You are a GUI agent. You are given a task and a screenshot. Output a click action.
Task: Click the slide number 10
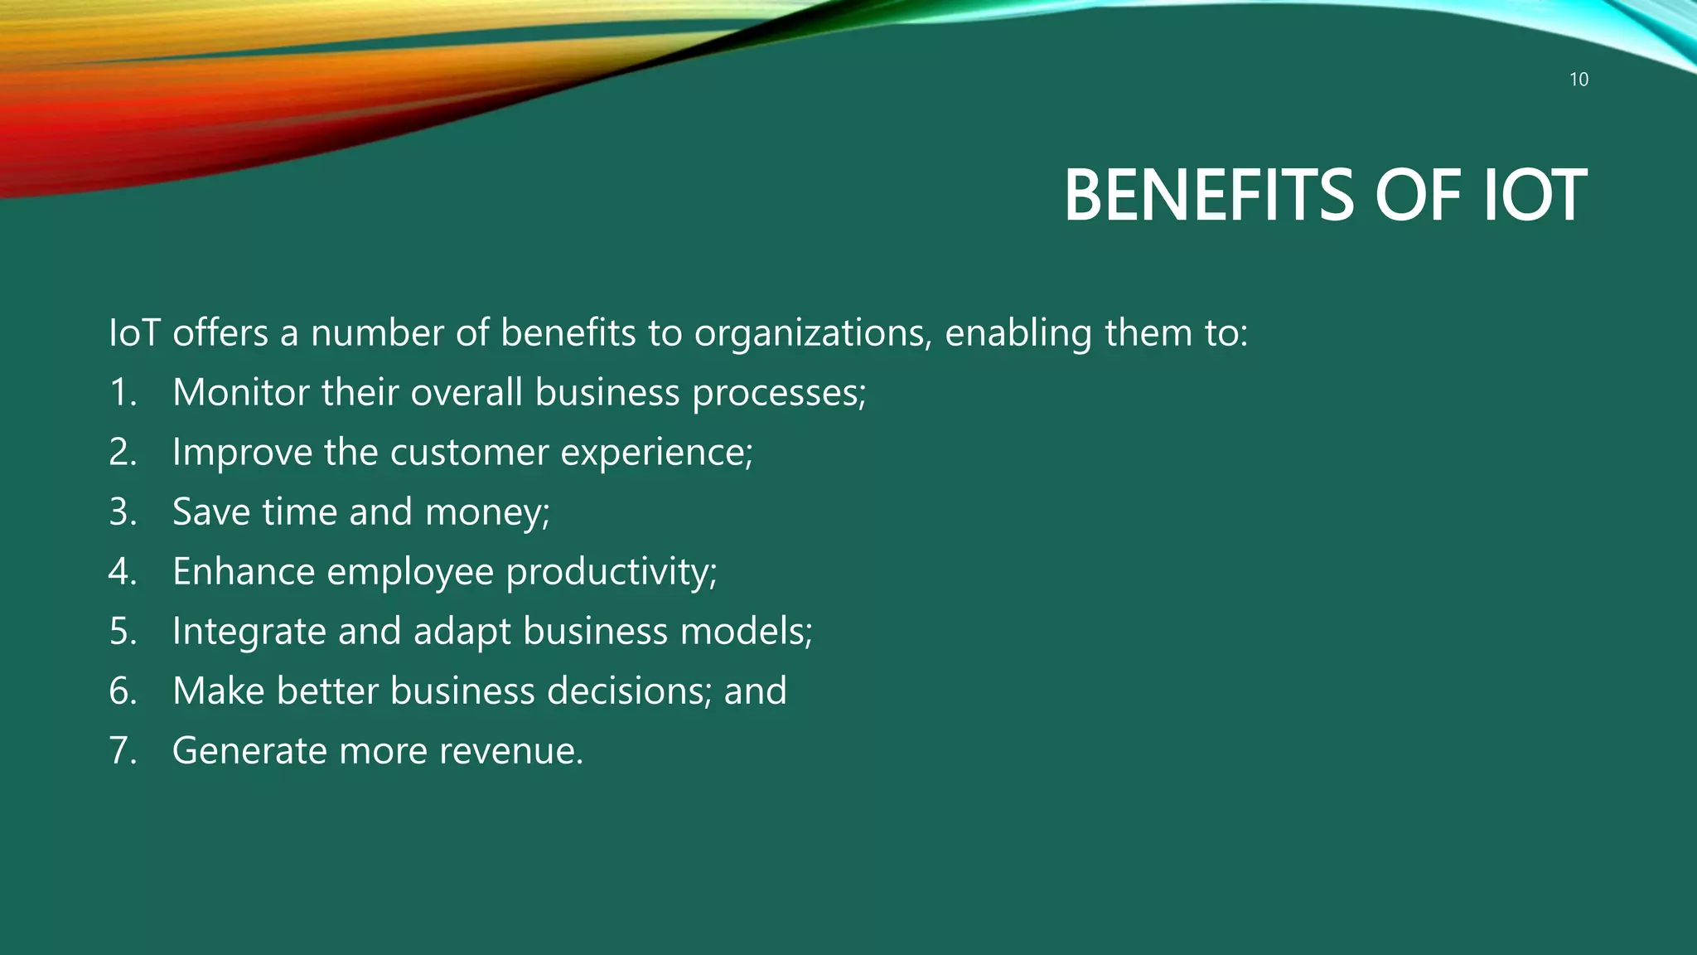1579,80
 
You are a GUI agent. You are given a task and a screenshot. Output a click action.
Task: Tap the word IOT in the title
1534,196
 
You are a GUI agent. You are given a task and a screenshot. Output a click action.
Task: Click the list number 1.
122,393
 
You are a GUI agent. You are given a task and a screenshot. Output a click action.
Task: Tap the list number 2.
122,453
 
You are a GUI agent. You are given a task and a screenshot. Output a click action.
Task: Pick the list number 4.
122,572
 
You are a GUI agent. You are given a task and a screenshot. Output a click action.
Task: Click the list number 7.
122,751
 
